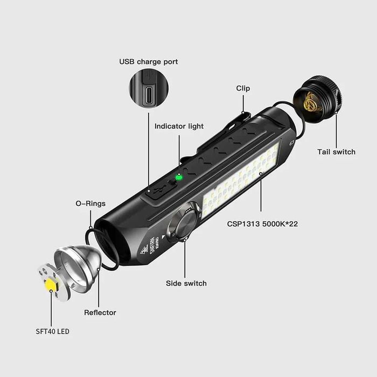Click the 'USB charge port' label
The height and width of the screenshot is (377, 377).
click(149, 61)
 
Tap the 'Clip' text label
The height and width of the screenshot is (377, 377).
click(243, 88)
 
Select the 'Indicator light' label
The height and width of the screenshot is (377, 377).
click(179, 126)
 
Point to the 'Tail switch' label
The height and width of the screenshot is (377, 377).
click(336, 152)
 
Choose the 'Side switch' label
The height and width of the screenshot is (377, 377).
click(186, 283)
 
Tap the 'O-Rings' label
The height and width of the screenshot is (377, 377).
click(90, 204)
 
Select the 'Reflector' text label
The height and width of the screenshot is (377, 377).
click(100, 312)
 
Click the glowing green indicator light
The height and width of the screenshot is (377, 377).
click(179, 177)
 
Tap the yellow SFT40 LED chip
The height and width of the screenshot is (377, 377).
click(51, 285)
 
